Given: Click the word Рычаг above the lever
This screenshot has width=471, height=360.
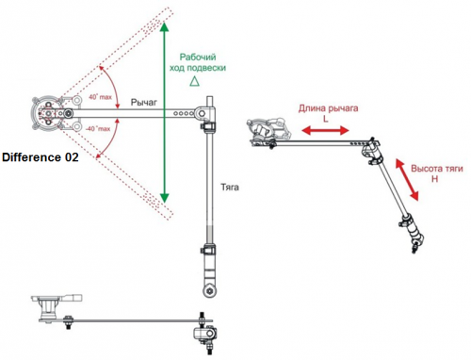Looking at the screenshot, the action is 144,102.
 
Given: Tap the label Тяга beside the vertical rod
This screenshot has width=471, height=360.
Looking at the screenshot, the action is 230,188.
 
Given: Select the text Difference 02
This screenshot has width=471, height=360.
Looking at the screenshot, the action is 41,157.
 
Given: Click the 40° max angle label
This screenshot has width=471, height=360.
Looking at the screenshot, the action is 100,97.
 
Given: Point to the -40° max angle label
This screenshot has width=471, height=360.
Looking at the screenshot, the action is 98,128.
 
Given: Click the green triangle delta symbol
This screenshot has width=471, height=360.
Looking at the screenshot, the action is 194,81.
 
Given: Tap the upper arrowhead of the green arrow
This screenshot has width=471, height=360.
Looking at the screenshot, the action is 164,27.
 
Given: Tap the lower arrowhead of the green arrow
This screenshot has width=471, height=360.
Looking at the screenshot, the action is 164,198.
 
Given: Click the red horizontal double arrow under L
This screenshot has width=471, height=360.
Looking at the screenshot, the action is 325,130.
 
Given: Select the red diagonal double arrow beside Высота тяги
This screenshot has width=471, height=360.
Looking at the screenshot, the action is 407,180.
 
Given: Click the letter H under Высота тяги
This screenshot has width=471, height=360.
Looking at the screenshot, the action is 434,179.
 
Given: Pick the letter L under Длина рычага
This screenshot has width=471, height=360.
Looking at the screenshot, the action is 326,119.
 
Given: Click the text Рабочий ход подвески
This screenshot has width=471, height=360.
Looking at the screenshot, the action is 198,62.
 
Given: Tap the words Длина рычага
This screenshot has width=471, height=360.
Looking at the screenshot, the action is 328,108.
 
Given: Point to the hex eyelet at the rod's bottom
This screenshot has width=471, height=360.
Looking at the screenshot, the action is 210,290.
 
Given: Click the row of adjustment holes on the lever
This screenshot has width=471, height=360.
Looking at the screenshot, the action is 184,113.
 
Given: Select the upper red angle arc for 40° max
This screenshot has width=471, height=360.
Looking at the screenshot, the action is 112,87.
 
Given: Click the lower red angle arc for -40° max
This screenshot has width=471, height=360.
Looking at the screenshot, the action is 110,139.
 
